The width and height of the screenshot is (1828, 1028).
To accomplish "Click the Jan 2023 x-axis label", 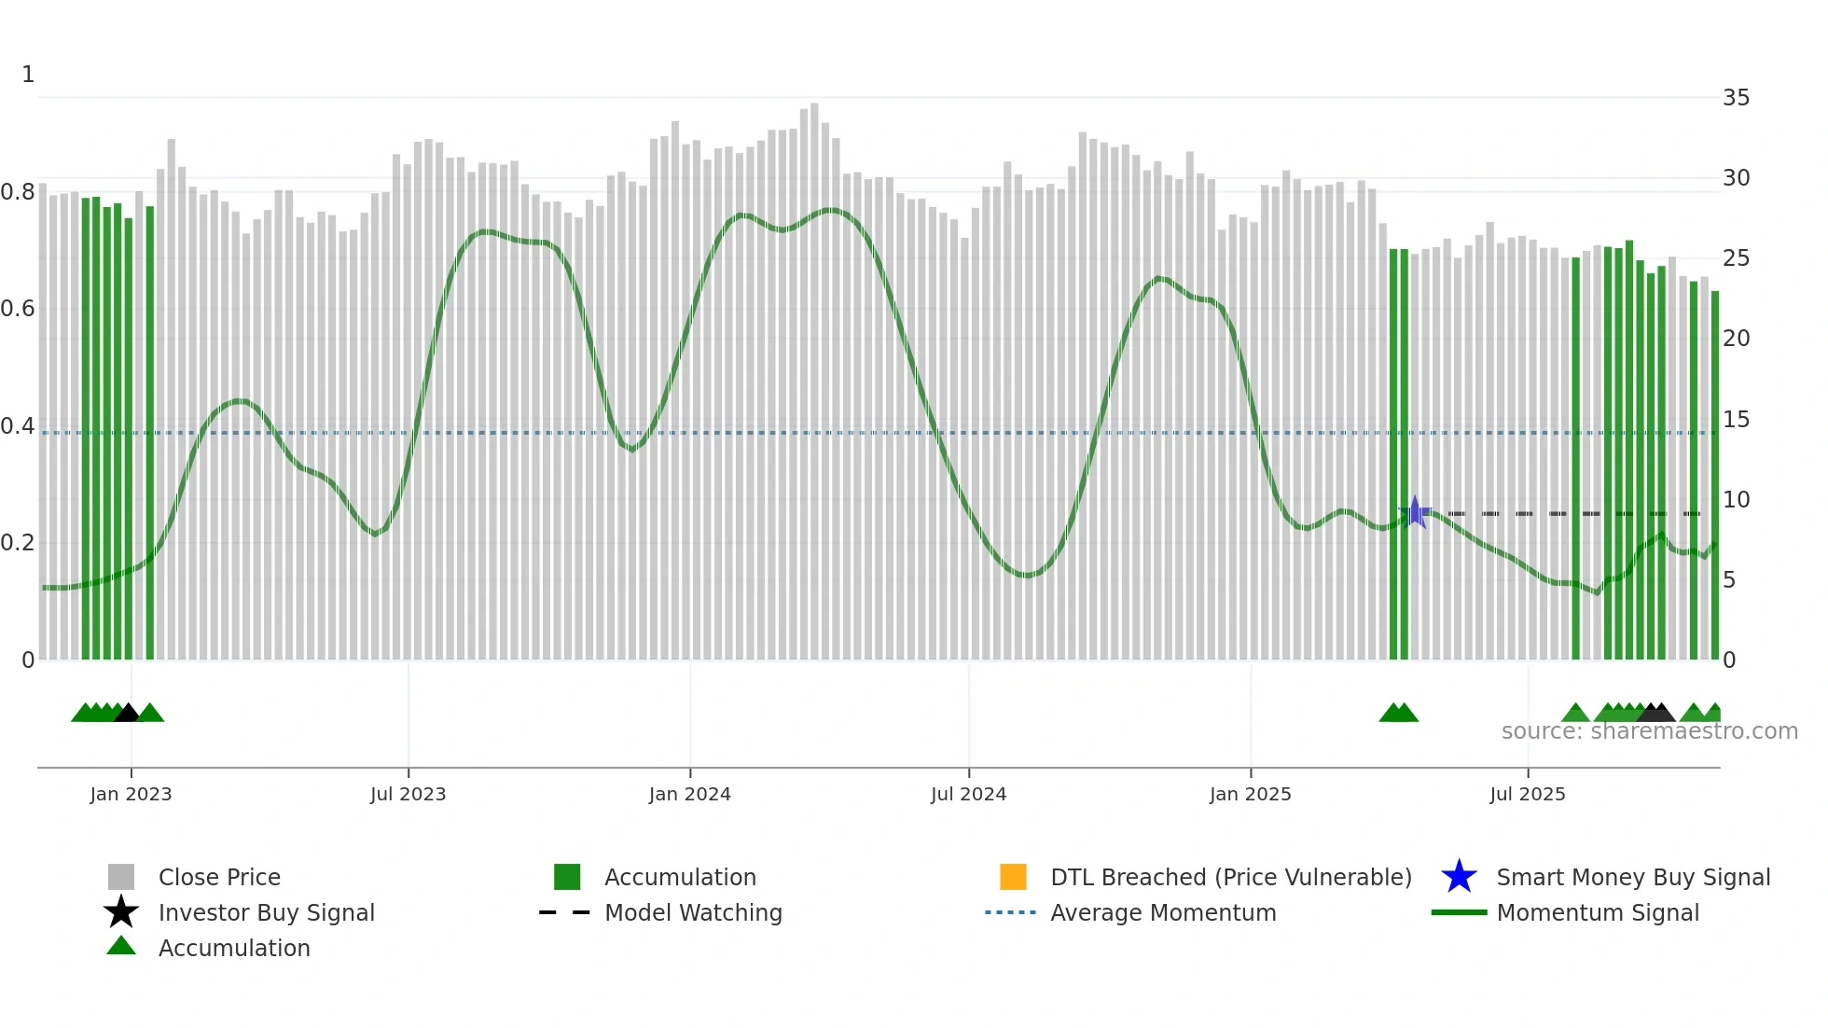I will pyautogui.click(x=131, y=794).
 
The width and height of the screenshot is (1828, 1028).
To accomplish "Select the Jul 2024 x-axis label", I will pyautogui.click(x=968, y=794).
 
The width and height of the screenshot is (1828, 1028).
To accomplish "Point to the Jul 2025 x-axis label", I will pyautogui.click(x=1527, y=794).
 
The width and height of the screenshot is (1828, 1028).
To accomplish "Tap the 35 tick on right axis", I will pyautogui.click(x=1736, y=98).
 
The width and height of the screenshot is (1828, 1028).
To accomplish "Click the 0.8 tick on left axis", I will pyautogui.click(x=19, y=192).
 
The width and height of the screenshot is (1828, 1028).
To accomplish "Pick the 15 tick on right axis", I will pyautogui.click(x=1736, y=420).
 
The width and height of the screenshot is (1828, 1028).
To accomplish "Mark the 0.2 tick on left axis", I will pyautogui.click(x=19, y=543).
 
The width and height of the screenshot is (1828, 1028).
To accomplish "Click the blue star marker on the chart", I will pyautogui.click(x=1415, y=512).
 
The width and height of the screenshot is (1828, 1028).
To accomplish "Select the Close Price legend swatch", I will pyautogui.click(x=121, y=877).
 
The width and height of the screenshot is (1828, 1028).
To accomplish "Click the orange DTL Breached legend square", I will pyautogui.click(x=1013, y=877).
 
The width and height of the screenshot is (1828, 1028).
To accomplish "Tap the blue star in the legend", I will pyautogui.click(x=1459, y=877).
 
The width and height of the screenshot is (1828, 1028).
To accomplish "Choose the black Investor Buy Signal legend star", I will pyautogui.click(x=121, y=912).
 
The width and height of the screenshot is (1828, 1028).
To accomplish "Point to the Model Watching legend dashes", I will pyautogui.click(x=565, y=912).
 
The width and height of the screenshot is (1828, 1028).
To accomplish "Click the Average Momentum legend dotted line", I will pyautogui.click(x=1011, y=912).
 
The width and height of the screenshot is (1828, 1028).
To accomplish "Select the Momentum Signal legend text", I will pyautogui.click(x=1598, y=912).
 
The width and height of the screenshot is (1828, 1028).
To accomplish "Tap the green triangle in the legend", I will pyautogui.click(x=121, y=946).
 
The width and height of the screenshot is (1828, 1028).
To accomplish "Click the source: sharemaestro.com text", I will pyautogui.click(x=1649, y=731).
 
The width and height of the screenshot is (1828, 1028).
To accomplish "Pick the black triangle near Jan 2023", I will pyautogui.click(x=127, y=714).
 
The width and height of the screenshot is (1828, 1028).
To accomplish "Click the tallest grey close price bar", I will pyautogui.click(x=814, y=373).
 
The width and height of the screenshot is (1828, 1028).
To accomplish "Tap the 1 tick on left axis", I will pyautogui.click(x=28, y=75).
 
